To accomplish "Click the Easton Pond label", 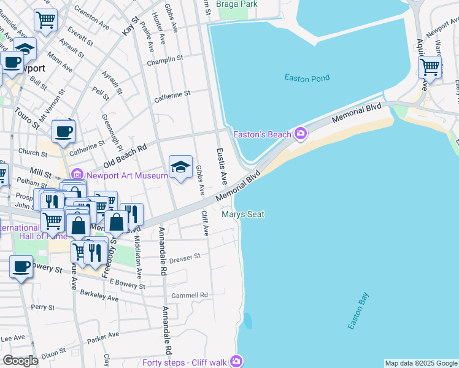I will [x=307, y=77].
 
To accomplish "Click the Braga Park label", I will [x=241, y=4].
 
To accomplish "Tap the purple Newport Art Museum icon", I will [x=77, y=175].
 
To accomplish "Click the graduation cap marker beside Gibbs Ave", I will [x=180, y=167].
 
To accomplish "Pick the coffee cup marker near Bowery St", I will [x=21, y=267].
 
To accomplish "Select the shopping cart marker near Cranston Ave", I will [x=45, y=20].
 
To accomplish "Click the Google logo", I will [x=21, y=361].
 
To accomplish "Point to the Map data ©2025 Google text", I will [x=421, y=363].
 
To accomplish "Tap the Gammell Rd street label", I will [x=190, y=295].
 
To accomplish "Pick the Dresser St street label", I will [x=185, y=258].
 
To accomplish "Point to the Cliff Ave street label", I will [x=205, y=224].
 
